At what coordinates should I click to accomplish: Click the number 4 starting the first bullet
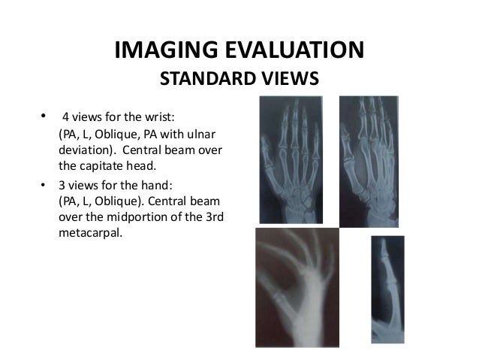pos(65,119)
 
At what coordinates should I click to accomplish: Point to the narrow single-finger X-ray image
pos(387,289)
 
